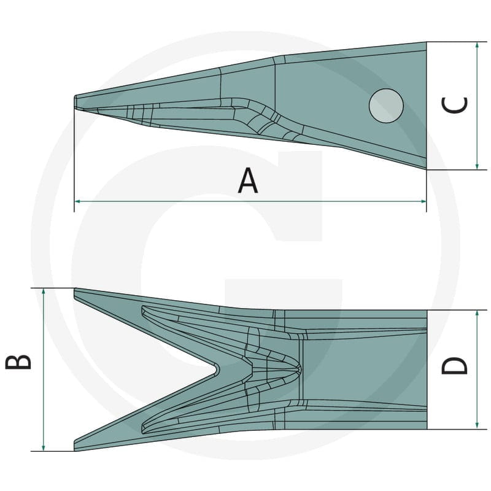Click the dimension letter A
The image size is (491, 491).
(248, 180)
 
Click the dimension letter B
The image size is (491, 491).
(18, 362)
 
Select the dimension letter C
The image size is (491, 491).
(454, 105)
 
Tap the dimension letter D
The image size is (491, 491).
(454, 365)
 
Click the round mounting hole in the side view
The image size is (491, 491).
(386, 106)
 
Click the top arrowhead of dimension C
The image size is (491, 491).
(477, 45)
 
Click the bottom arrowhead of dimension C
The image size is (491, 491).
(477, 166)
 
